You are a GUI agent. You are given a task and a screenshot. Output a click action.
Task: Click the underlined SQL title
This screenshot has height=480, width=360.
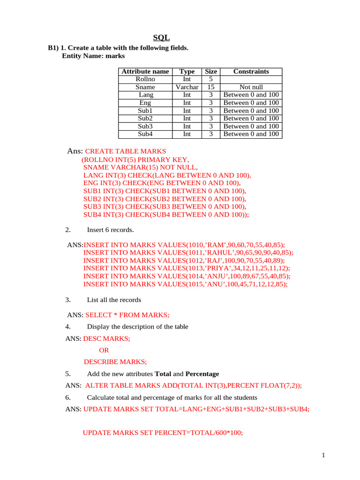(162, 38)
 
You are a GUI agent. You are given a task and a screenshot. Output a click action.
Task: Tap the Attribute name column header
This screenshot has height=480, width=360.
(145, 71)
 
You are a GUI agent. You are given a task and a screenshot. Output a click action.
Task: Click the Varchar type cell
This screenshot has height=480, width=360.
(187, 87)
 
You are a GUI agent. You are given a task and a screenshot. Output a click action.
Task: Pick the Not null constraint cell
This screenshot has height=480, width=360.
(251, 87)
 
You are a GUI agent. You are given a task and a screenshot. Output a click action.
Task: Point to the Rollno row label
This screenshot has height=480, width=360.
(145, 79)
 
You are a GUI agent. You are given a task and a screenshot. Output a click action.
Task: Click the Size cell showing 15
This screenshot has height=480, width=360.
(210, 87)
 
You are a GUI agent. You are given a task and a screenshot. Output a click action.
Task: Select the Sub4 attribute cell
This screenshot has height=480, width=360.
(145, 134)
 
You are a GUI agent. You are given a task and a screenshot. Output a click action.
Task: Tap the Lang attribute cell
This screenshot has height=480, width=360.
(145, 95)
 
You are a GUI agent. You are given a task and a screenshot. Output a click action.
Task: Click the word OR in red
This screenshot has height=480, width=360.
(104, 350)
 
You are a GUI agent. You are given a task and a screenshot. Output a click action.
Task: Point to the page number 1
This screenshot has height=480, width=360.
(323, 455)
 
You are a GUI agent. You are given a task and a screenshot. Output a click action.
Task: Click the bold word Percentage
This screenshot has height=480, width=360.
(202, 374)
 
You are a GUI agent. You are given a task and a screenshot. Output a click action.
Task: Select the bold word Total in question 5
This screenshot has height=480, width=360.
(163, 374)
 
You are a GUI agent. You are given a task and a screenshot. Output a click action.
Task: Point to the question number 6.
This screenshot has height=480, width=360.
(68, 397)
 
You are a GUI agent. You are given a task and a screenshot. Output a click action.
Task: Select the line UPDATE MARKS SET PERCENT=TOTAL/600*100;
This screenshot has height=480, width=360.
(163, 433)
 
